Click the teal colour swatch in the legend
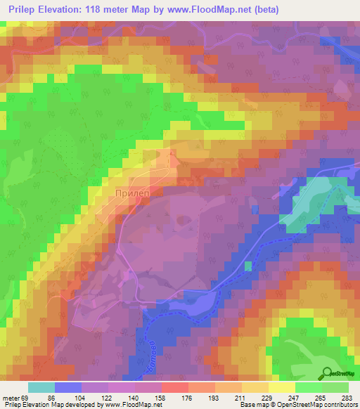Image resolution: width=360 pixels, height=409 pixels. pyautogui.click(x=41, y=387)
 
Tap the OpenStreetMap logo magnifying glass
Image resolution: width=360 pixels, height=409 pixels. pyautogui.click(x=328, y=372)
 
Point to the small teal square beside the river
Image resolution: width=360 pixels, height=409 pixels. pyautogui.click(x=247, y=266)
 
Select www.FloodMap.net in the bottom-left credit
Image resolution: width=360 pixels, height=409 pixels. pyautogui.click(x=134, y=405)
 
